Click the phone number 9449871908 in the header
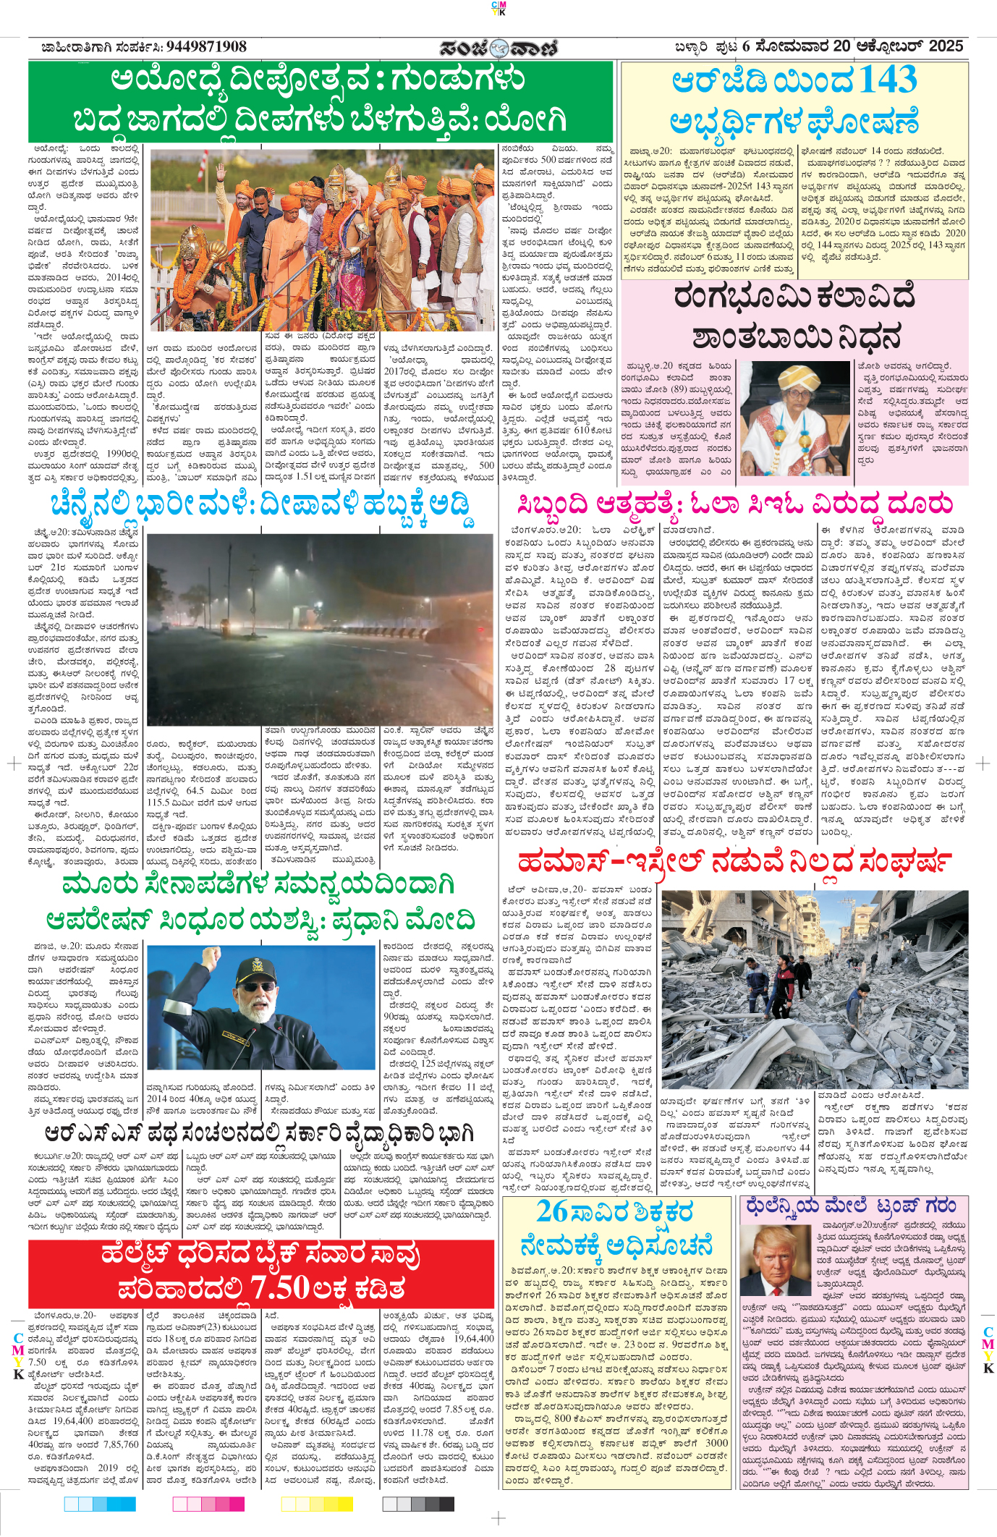pos(206,47)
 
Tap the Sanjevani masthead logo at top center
pos(498,48)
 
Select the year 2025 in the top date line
pos(946,46)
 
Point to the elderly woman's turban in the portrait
pos(794,378)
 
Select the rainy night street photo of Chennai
pos(321,629)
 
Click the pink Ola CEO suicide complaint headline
pos(734,504)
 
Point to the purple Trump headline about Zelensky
pos(851,1206)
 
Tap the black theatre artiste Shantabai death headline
pos(794,317)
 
